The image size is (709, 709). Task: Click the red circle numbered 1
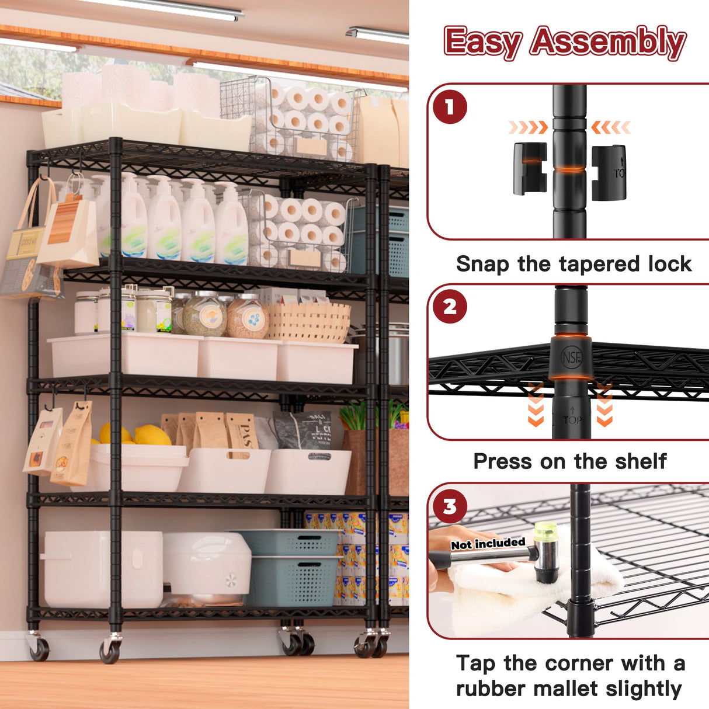tap(449, 107)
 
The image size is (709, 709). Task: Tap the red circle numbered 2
tap(450, 307)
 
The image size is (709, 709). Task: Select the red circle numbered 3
tap(449, 506)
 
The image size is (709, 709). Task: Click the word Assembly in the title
tap(607, 43)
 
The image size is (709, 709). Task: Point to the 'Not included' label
tap(488, 544)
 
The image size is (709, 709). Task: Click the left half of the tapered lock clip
tap(530, 168)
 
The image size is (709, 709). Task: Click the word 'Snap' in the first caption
tap(482, 264)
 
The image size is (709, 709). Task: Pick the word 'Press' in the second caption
tap(502, 461)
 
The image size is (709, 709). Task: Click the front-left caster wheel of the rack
tap(109, 650)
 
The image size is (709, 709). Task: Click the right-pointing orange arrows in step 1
tap(527, 127)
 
